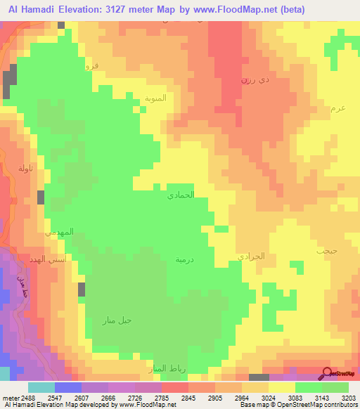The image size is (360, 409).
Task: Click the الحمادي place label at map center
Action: coord(180,195)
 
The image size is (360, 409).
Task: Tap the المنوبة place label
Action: coord(155,98)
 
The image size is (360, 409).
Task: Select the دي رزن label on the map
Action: coord(254,81)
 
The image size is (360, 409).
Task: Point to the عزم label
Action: coord(337,108)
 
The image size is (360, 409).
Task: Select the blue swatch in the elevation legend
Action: coord(68,387)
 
